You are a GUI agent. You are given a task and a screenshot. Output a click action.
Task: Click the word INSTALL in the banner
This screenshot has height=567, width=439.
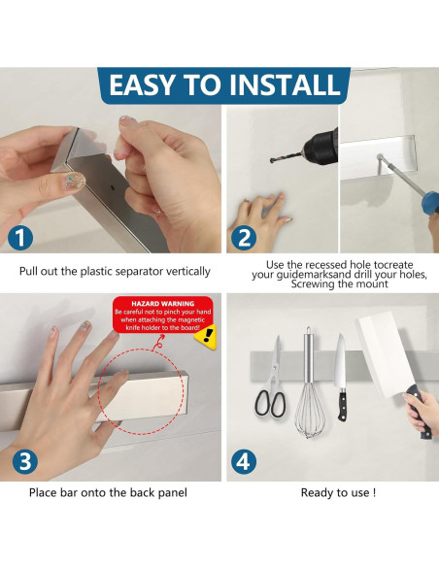click(x=286, y=84)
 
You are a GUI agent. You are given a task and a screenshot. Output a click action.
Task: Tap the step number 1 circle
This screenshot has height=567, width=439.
click(x=20, y=238)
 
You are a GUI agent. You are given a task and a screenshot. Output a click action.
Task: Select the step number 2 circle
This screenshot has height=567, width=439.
click(x=245, y=238)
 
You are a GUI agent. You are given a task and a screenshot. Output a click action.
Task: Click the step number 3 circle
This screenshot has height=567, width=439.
click(x=25, y=462)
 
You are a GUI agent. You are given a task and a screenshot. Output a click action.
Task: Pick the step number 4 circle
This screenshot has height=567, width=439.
click(x=244, y=462)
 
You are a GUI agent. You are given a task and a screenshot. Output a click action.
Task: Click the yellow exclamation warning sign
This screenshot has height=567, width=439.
click(x=206, y=336)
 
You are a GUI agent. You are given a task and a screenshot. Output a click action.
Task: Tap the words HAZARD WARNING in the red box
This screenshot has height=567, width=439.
click(x=163, y=304)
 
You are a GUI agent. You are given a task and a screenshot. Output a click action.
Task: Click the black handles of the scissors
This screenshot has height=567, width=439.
click(x=270, y=403)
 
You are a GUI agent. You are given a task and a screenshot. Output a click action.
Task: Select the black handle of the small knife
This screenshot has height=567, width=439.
click(x=343, y=404)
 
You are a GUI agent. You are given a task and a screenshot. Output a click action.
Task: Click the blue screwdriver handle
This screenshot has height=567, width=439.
click(x=431, y=202)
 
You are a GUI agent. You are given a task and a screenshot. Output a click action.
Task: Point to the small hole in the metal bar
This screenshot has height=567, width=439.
click(x=113, y=188)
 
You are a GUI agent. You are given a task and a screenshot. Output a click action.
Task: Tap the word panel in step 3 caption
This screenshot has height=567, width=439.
click(x=173, y=492)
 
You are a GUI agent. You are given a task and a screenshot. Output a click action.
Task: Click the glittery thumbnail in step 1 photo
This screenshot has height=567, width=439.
click(x=75, y=180)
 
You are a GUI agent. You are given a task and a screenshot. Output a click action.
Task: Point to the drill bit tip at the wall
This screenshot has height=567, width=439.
click(x=272, y=160)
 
